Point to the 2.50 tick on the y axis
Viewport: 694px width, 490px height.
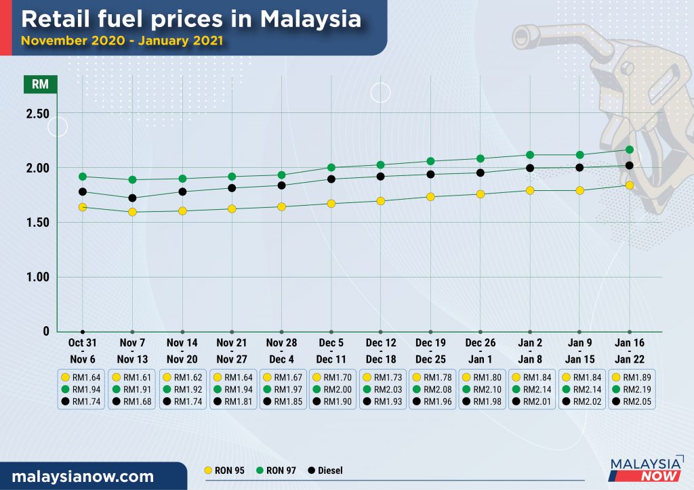click(37, 114)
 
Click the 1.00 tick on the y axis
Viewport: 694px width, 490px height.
click(37, 277)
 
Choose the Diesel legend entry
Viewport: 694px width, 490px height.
click(328, 470)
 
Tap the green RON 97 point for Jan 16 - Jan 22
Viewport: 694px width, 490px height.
click(629, 150)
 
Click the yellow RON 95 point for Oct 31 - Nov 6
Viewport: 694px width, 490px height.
click(83, 207)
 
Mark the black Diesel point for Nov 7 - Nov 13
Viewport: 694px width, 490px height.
click(132, 198)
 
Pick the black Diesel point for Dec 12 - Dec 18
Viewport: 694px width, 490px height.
click(380, 177)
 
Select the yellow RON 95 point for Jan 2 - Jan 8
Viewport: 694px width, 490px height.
click(529, 191)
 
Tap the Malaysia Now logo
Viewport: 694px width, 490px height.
click(645, 469)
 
